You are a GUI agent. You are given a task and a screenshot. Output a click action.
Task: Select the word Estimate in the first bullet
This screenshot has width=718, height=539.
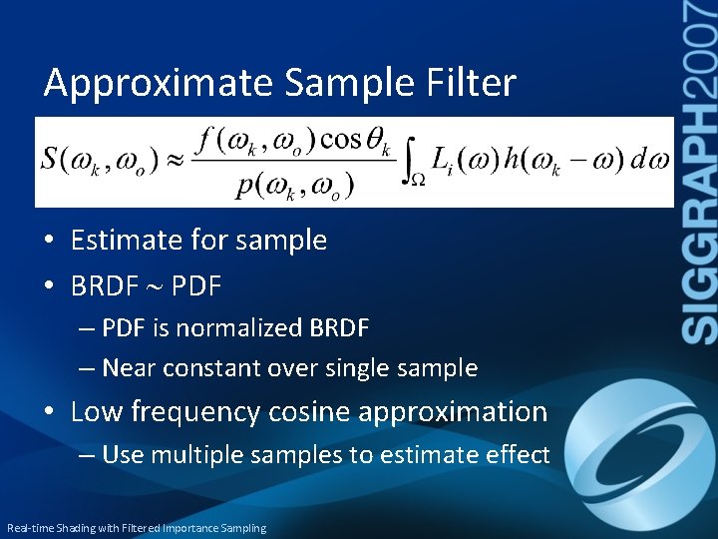pyautogui.click(x=129, y=240)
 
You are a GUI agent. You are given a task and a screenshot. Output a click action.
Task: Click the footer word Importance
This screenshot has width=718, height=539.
pyautogui.click(x=198, y=528)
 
